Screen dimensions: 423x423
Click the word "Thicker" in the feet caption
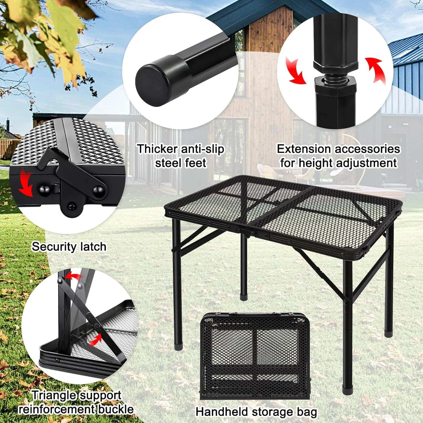click(157, 149)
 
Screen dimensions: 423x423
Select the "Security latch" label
click(69, 247)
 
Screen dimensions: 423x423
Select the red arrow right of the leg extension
click(376, 69)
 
